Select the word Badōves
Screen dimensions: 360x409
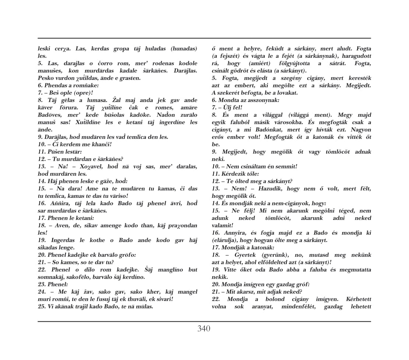click(x=50, y=115)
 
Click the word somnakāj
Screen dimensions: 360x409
click(x=53, y=277)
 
